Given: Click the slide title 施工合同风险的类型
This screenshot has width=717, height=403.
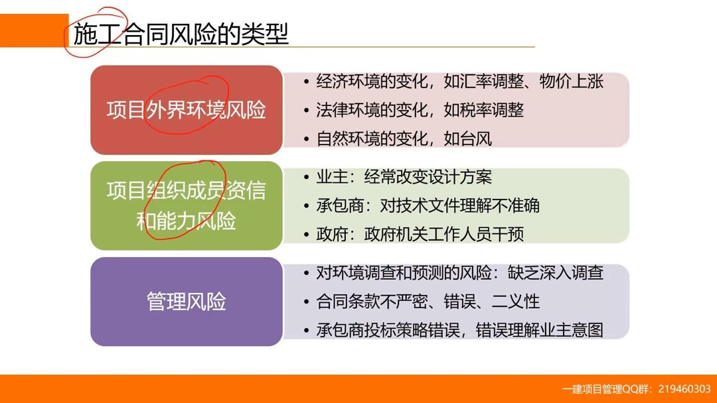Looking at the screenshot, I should point(181,34).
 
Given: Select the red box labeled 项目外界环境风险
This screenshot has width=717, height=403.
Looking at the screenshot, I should point(186,110).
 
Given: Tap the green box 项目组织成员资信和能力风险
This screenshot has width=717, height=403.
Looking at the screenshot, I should point(186,205).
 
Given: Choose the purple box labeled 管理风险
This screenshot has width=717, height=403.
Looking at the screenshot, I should point(186,302).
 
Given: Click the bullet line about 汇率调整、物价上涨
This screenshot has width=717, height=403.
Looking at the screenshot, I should point(459,82).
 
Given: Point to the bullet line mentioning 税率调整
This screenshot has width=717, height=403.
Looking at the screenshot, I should point(420,110).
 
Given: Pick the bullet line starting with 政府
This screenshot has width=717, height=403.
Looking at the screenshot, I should point(420,234).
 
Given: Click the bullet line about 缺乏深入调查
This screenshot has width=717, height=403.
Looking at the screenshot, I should point(459,272).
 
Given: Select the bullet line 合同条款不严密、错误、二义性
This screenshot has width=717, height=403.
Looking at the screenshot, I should point(428,302).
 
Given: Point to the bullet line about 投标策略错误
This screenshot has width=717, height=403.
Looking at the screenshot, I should point(459,330).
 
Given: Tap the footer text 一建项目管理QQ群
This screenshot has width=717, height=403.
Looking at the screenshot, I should point(607,389).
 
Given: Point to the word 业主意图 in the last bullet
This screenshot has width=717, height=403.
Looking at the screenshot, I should point(572,330).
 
